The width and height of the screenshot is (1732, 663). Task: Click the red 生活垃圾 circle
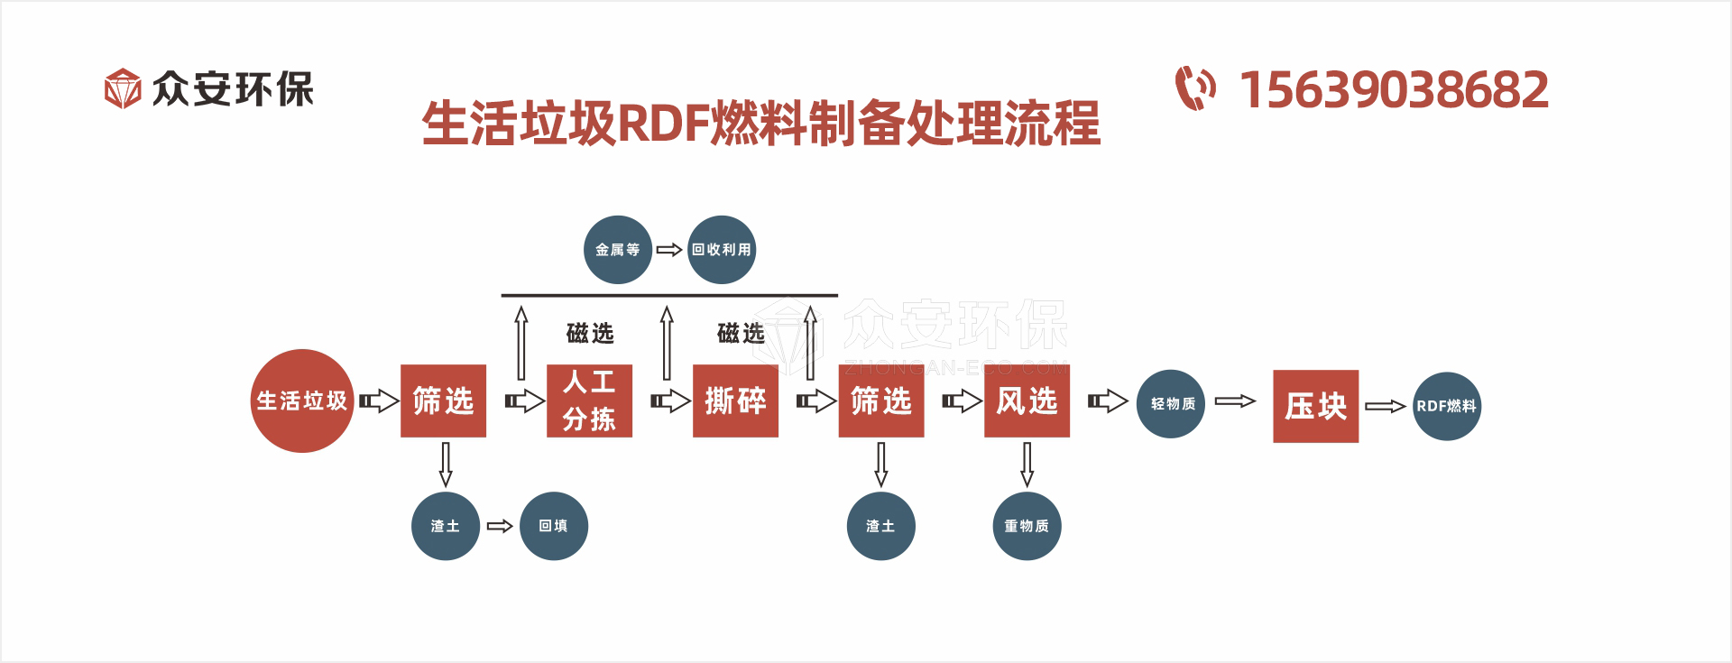click(302, 401)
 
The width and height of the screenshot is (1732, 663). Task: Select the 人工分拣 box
click(589, 401)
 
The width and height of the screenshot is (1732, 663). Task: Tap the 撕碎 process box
click(735, 401)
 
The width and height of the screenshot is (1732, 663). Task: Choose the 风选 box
click(1027, 401)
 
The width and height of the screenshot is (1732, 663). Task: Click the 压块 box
click(1315, 406)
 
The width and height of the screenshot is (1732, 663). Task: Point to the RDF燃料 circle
click(1446, 406)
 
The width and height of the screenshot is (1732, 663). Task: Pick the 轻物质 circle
click(1171, 403)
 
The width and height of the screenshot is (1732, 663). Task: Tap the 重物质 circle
click(1027, 526)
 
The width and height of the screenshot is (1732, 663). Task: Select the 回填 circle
click(554, 526)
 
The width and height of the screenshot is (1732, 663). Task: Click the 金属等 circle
click(618, 250)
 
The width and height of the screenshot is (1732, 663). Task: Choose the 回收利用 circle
click(722, 250)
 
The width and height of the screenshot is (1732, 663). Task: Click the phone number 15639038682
click(1394, 90)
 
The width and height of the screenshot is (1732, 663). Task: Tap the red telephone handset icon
click(1195, 88)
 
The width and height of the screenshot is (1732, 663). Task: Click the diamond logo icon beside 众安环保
click(123, 88)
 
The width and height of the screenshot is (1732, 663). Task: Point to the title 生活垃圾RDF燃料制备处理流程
click(761, 124)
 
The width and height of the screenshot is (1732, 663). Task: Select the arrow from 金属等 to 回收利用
click(669, 250)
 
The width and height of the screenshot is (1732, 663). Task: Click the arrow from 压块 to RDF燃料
click(1385, 407)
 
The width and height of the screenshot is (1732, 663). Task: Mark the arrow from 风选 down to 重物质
click(1027, 464)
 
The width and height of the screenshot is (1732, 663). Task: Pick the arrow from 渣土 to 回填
click(500, 526)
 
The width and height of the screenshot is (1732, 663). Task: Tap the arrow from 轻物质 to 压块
click(1235, 401)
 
